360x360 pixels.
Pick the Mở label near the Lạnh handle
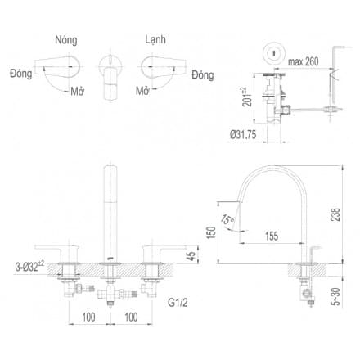point(143,90)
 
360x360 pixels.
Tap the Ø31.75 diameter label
point(245,136)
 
